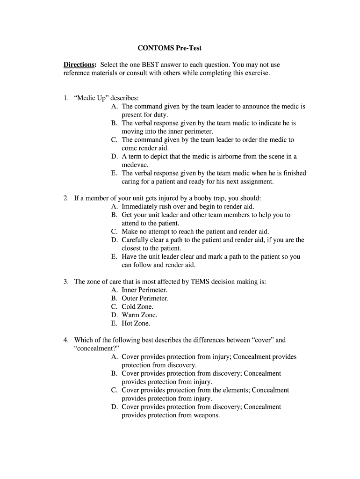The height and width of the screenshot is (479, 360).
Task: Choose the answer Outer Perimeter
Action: click(x=145, y=298)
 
